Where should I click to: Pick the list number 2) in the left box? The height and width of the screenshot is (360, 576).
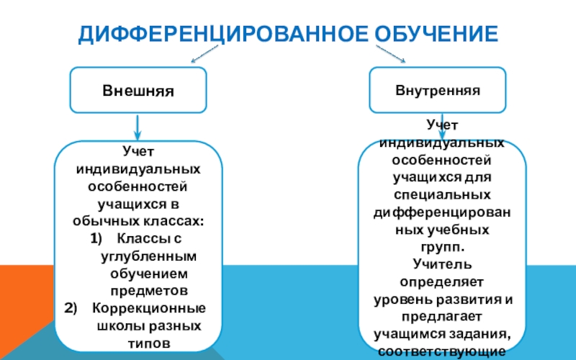(71, 308)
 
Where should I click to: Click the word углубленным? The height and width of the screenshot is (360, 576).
(149, 256)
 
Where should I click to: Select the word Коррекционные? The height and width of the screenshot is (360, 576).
(149, 308)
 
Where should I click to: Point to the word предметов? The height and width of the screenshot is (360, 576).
(149, 291)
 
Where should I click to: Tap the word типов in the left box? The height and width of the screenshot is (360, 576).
(149, 343)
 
